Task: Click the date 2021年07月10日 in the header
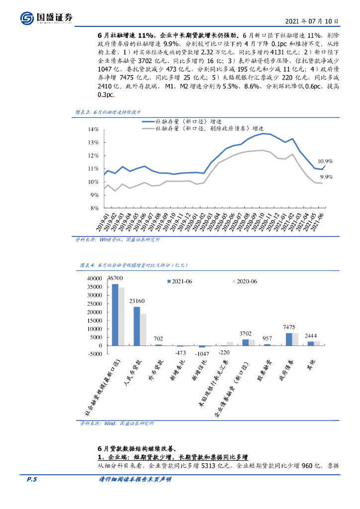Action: click(314, 22)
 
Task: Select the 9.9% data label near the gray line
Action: click(326, 176)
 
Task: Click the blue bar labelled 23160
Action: click(137, 326)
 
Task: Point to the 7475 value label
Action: click(289, 327)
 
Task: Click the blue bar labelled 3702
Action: click(245, 342)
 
